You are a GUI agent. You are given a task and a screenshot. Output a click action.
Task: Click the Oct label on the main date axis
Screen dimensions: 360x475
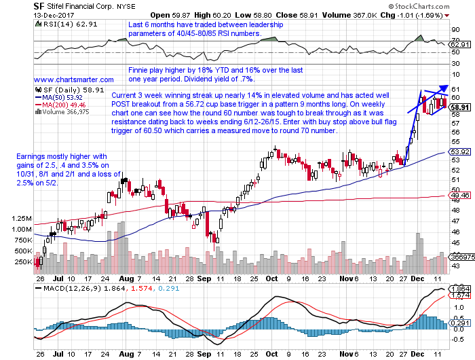271,278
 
